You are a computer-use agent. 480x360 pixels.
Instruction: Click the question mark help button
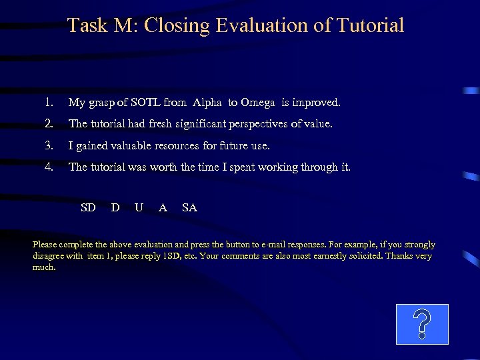point(422,324)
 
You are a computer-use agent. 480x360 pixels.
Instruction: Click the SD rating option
point(88,207)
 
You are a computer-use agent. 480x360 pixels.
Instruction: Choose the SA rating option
point(189,207)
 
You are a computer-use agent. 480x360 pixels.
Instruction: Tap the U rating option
point(139,207)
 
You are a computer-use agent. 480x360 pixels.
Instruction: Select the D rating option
point(115,207)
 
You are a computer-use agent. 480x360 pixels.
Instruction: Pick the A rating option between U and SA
point(163,207)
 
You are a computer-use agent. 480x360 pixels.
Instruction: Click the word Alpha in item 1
point(209,103)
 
